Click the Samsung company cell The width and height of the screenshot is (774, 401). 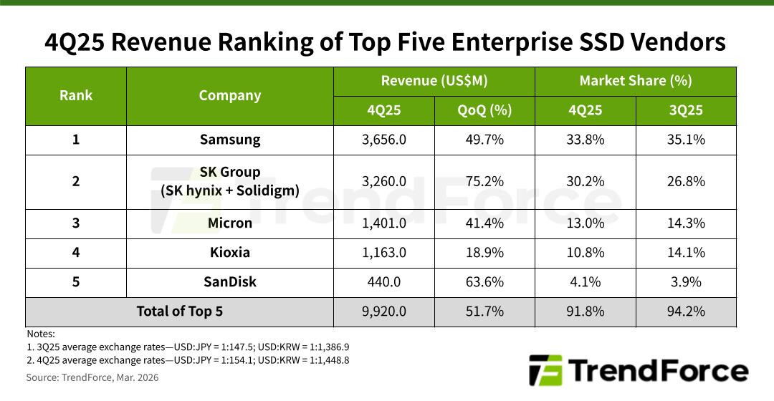pos(229,140)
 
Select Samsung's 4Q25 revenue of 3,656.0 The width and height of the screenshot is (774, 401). pos(384,140)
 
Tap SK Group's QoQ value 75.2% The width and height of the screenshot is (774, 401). pos(484,181)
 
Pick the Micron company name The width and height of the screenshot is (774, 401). pos(229,223)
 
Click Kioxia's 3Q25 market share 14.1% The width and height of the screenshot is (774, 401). pos(686,252)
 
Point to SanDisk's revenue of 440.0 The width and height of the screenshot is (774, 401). pos(384,281)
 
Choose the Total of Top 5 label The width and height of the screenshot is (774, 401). pos(179,311)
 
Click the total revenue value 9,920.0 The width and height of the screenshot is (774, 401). pos(384,311)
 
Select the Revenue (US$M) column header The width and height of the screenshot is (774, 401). pos(434,81)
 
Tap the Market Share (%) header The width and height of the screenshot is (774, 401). pos(636,81)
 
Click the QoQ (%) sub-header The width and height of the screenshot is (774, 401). pos(484,110)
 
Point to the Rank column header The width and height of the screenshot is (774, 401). pos(76,95)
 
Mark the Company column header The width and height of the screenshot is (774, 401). pos(229,95)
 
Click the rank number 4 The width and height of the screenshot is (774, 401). pos(76,252)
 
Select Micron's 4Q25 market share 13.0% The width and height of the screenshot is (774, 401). pos(585,223)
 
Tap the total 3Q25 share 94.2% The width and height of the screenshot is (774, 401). pos(686,311)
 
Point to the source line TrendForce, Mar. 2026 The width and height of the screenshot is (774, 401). pos(92,377)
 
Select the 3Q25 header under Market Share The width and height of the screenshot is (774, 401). pos(686,110)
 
